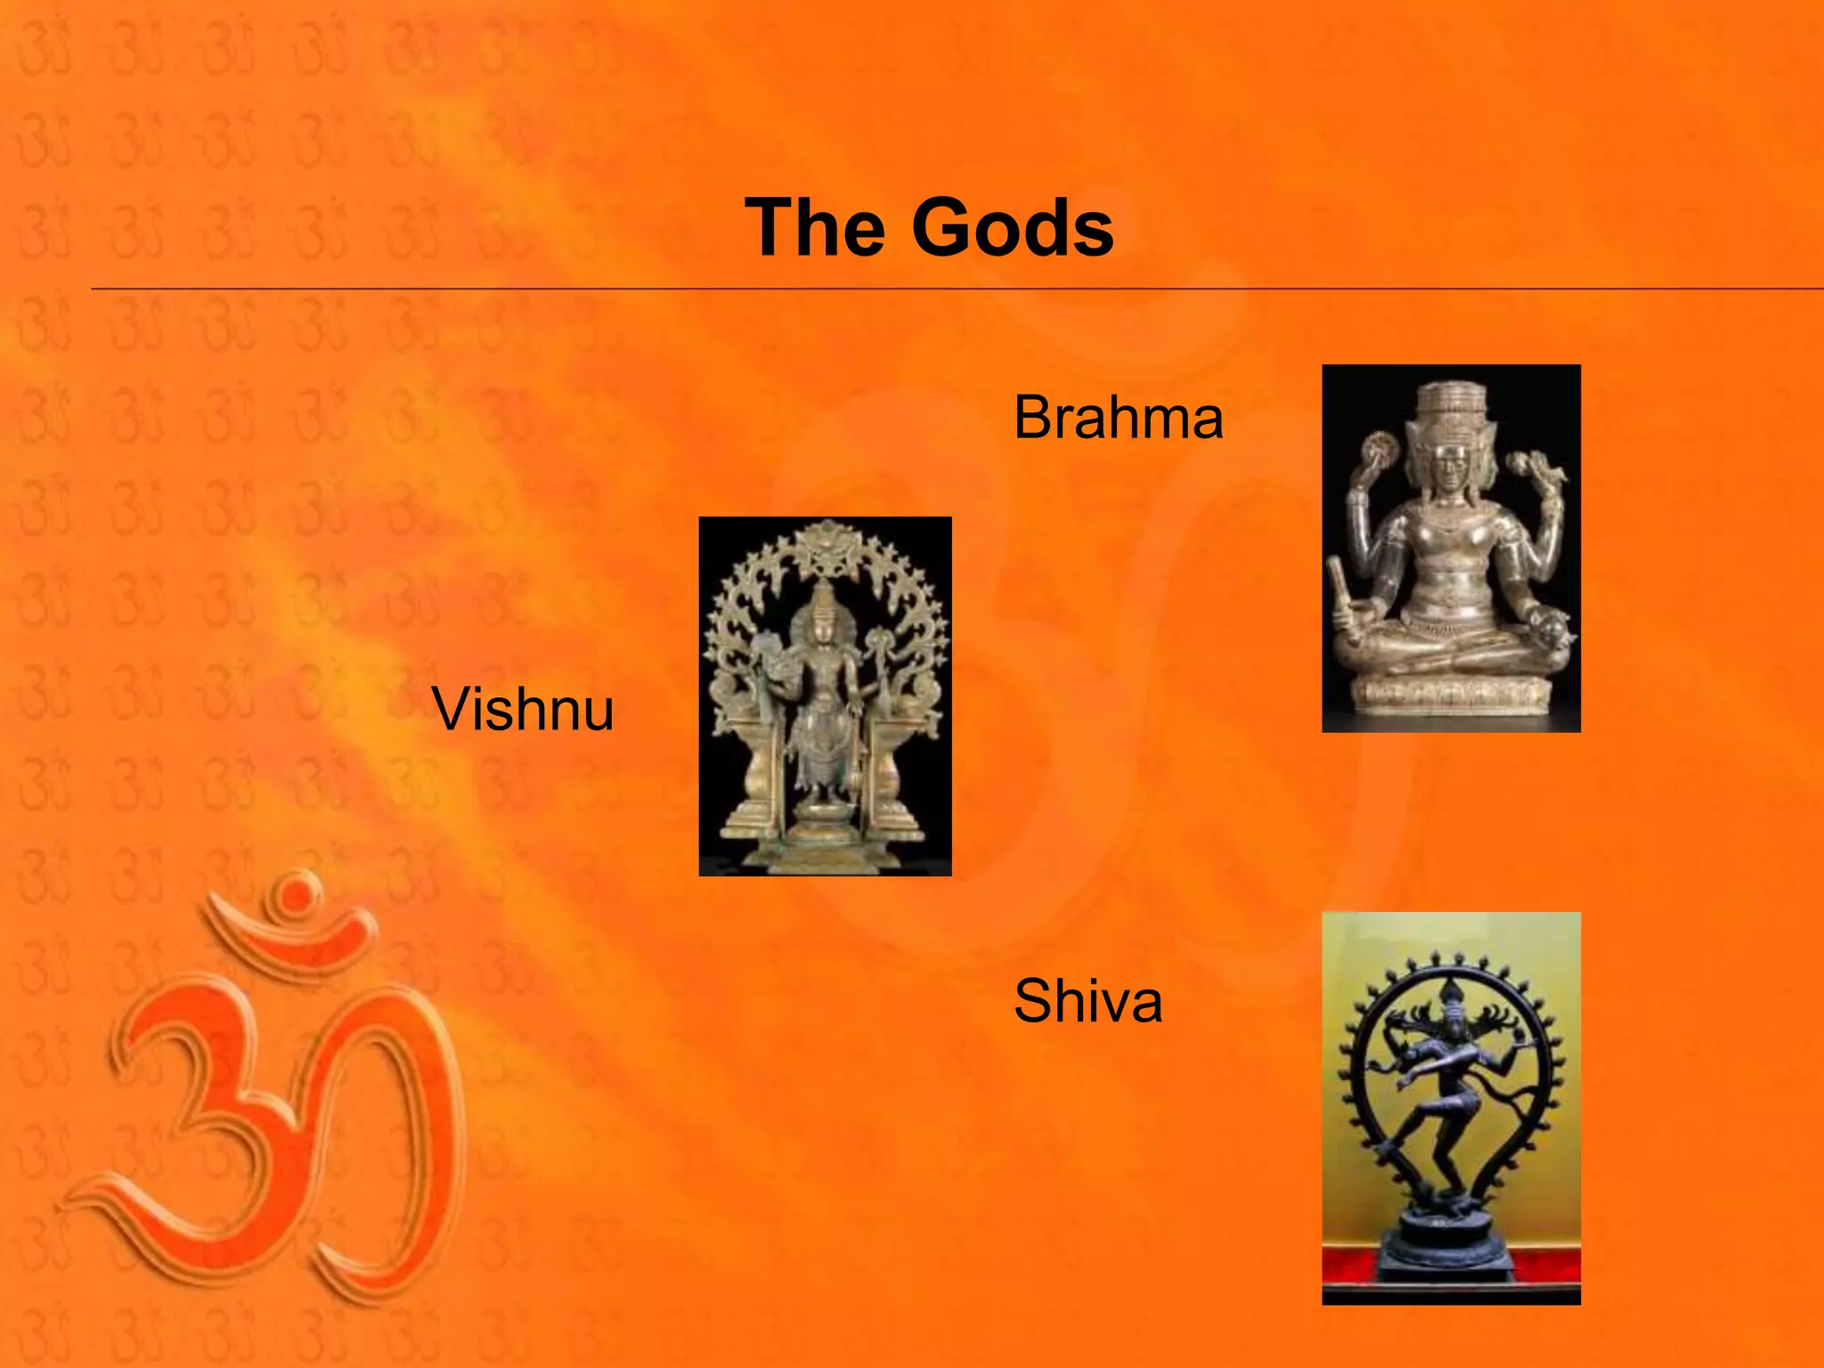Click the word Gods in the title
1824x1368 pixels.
click(x=1012, y=229)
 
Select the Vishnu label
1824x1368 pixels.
click(x=523, y=710)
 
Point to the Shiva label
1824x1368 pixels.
click(x=1087, y=1001)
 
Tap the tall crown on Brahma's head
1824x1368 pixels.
click(x=1452, y=406)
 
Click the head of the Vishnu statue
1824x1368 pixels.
click(x=825, y=615)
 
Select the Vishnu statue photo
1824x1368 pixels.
click(x=825, y=696)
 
